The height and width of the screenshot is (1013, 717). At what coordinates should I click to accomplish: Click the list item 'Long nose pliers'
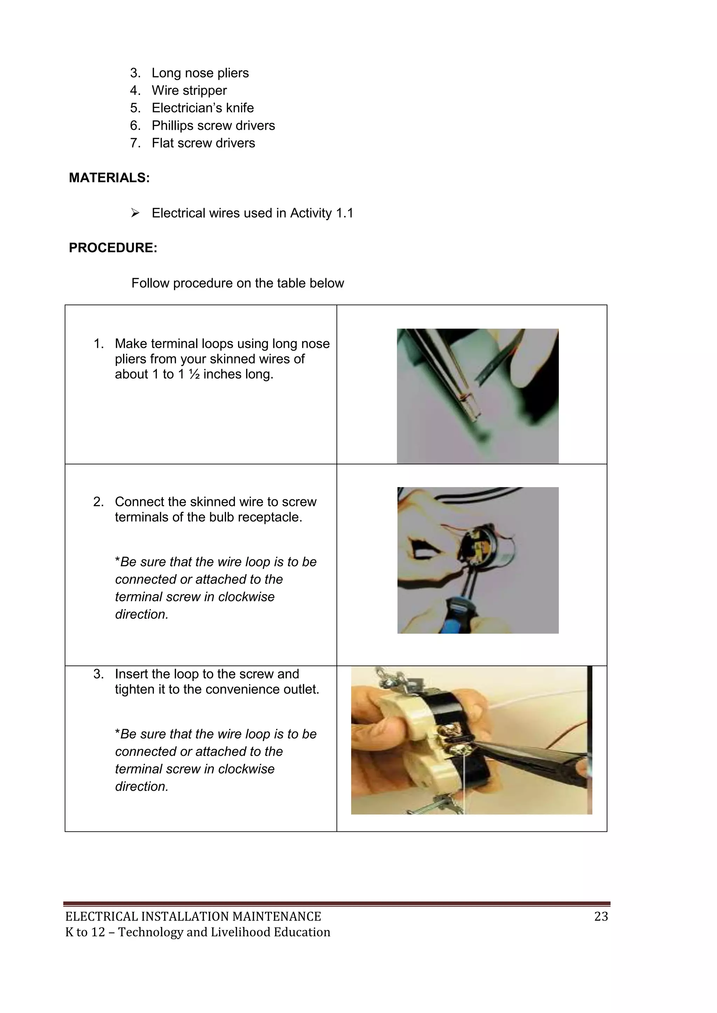click(200, 73)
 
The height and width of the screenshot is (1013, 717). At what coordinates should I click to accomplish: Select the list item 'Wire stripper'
click(189, 90)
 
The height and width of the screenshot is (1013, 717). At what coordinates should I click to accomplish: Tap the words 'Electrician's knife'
click(203, 108)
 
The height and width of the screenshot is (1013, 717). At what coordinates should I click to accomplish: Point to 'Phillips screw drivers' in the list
click(213, 126)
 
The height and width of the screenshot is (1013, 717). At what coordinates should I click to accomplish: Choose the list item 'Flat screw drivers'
click(203, 143)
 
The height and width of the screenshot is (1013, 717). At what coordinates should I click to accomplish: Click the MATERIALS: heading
click(109, 178)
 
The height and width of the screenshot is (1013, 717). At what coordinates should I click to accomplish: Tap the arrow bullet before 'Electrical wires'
click(135, 213)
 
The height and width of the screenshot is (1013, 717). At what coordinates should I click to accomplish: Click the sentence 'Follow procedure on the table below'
click(237, 283)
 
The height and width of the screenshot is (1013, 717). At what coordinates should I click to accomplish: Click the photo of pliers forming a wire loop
click(477, 396)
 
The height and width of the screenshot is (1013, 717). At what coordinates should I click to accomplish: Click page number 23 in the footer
click(601, 916)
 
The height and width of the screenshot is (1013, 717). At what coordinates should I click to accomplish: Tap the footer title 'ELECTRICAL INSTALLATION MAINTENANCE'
click(193, 916)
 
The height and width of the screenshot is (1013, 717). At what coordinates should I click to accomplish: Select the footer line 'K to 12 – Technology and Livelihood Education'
click(197, 932)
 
